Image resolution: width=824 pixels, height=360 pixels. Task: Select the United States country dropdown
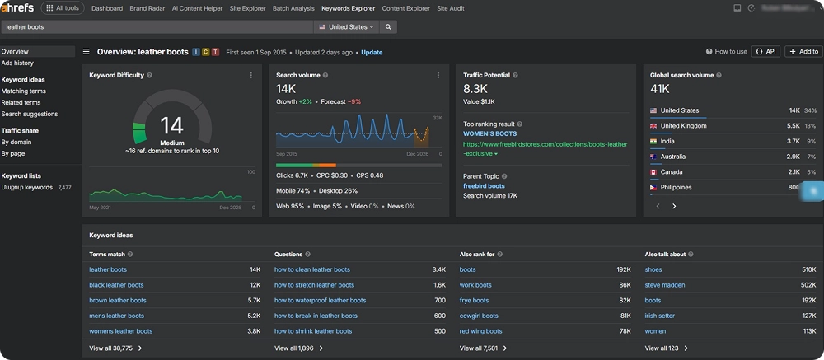346,27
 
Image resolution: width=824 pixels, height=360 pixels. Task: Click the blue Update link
372,52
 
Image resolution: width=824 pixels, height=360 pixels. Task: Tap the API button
765,51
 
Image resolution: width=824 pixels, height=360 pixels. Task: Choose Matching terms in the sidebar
24,91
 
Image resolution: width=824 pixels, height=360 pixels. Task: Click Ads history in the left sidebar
17,63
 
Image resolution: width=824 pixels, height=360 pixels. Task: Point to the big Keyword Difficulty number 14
171,125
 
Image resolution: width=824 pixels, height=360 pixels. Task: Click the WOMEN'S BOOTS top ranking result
489,133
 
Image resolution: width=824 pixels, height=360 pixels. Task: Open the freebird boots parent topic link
484,186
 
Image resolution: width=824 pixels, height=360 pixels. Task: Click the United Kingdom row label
683,126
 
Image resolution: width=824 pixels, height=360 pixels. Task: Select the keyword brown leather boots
118,301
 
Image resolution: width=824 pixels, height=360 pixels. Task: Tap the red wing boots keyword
480,331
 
